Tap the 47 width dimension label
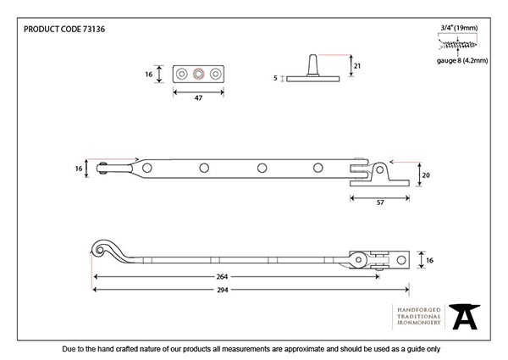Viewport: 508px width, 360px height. pyautogui.click(x=198, y=99)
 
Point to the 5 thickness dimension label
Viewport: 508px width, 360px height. pyautogui.click(x=276, y=78)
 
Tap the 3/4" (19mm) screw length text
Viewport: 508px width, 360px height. pyautogui.click(x=457, y=26)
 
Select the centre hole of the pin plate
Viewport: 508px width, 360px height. pyautogui.click(x=198, y=74)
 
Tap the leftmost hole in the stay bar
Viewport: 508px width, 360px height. pyautogui.click(x=148, y=168)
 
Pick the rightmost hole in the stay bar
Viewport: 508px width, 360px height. pyautogui.click(x=318, y=168)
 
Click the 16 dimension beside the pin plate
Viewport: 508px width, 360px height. pyautogui.click(x=148, y=75)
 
